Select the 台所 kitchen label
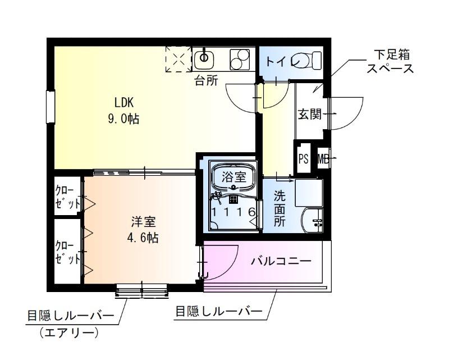pyautogui.click(x=206, y=81)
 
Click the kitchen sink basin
pyautogui.click(x=204, y=58)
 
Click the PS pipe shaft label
pyautogui.click(x=304, y=158)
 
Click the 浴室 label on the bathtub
pyautogui.click(x=233, y=176)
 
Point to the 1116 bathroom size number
pyautogui.click(x=234, y=212)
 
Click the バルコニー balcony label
pyautogui.click(x=281, y=261)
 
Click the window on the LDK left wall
pyautogui.click(x=51, y=107)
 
